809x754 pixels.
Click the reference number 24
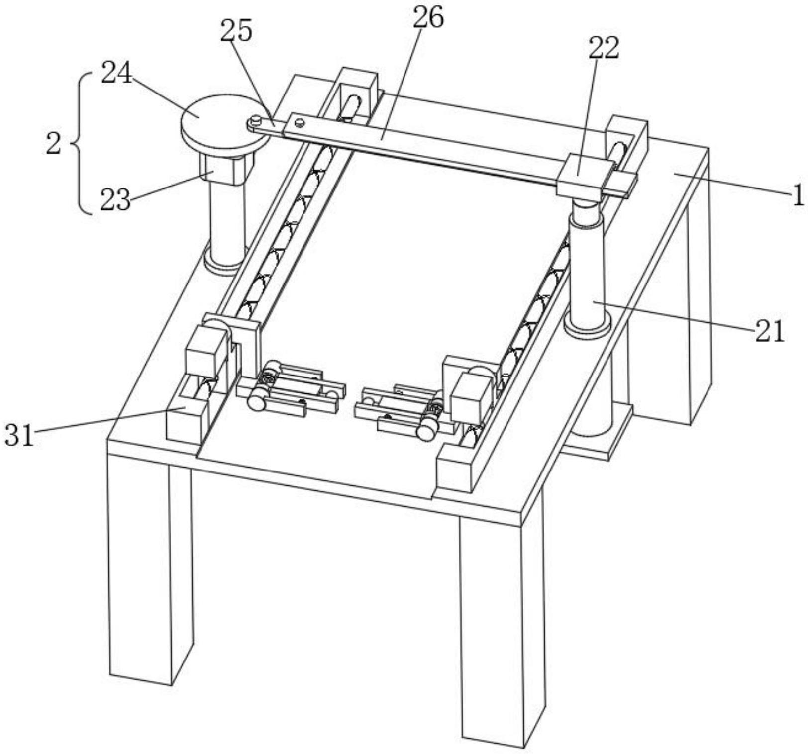click(117, 74)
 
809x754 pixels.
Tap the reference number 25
click(237, 31)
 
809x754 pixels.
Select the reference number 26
click(427, 18)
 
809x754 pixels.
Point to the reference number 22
click(604, 49)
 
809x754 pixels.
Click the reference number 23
click(115, 201)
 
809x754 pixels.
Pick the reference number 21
click(769, 331)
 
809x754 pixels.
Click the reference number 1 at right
click(798, 195)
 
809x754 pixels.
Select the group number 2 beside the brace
click(53, 144)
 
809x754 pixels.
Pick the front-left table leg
click(149, 572)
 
